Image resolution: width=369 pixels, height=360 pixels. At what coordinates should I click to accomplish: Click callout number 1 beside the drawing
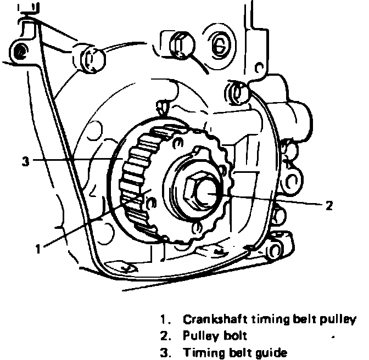click(38, 249)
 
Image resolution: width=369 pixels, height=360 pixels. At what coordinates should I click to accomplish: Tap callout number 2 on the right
click(329, 205)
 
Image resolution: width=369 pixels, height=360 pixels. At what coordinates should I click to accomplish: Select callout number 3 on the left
click(26, 161)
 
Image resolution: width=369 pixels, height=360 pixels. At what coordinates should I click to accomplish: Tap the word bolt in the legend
click(235, 335)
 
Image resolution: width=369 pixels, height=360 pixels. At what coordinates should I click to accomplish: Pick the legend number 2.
click(165, 336)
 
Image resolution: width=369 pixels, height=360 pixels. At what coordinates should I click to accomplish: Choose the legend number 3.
click(165, 352)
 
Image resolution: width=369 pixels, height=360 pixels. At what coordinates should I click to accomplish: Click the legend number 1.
click(165, 319)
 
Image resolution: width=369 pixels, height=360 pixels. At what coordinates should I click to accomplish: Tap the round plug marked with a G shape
click(219, 46)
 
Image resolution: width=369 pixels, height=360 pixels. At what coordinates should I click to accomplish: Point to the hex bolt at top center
click(181, 44)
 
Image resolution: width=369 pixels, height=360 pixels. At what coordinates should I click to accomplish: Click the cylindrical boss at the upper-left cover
click(92, 59)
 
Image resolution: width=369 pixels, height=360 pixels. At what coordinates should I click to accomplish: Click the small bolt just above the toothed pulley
click(162, 107)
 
